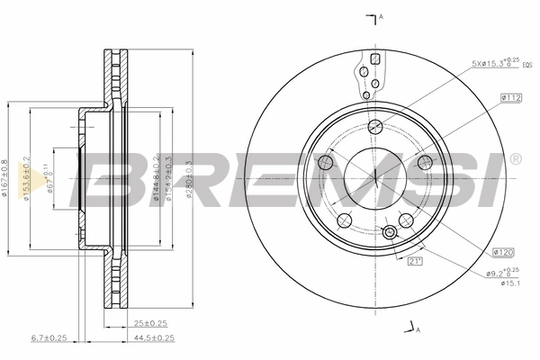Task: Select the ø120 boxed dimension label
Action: point(503,253)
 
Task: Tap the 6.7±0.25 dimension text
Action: point(49,337)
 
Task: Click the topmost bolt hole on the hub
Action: point(376,126)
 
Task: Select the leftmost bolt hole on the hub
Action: point(327,163)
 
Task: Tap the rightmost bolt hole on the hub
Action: point(426,163)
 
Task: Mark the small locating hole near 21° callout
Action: point(390,233)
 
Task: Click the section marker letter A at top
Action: point(382,17)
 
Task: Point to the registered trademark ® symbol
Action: point(515,158)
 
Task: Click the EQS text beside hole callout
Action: point(526,65)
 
